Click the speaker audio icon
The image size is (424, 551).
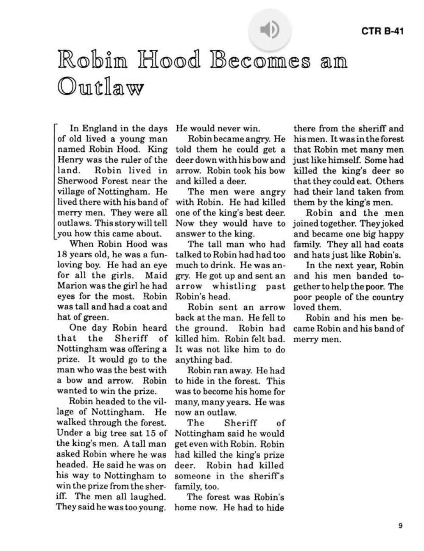point(269,29)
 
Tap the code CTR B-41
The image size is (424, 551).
point(382,31)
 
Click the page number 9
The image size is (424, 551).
point(400,526)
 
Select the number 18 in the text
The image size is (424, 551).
point(62,255)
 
